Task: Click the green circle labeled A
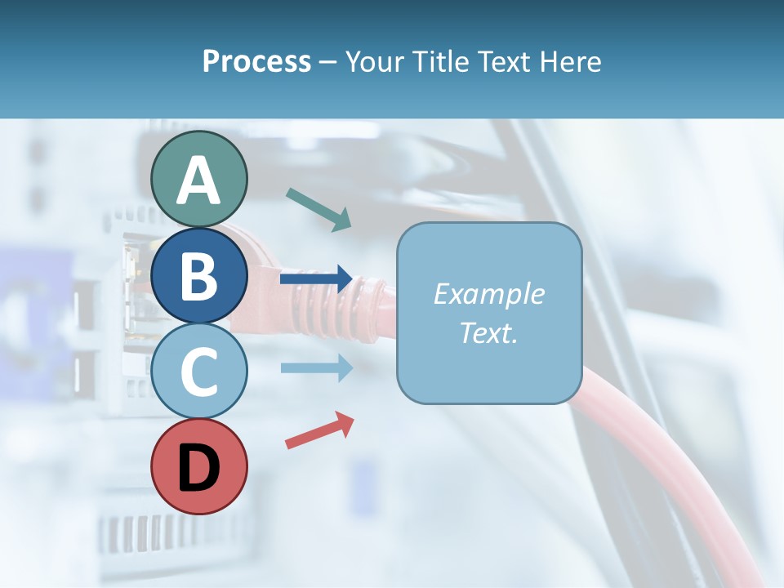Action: (x=198, y=179)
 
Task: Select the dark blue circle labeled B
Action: (x=198, y=276)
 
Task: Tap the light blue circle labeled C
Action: (x=198, y=372)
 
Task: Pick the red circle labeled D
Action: (x=198, y=467)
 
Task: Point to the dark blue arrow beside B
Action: (x=317, y=279)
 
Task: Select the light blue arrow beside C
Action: (x=317, y=367)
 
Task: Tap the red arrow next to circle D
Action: (x=319, y=430)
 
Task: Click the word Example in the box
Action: (x=488, y=294)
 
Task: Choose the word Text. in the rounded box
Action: (x=488, y=332)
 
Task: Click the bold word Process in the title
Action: (x=256, y=61)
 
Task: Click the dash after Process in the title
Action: (x=327, y=63)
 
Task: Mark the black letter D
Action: (x=198, y=469)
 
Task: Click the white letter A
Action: (x=198, y=180)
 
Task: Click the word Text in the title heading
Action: (x=504, y=61)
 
